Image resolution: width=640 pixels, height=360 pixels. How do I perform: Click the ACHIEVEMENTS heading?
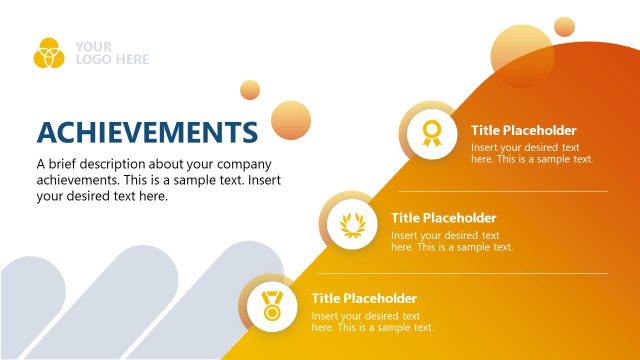(147, 132)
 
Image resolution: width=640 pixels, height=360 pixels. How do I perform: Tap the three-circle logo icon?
(48, 53)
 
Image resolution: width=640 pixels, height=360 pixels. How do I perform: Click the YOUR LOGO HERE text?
(111, 53)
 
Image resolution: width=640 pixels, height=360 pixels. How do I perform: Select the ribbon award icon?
(431, 133)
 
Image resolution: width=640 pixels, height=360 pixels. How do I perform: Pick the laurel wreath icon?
(351, 222)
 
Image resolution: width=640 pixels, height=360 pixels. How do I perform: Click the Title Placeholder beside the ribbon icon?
(524, 130)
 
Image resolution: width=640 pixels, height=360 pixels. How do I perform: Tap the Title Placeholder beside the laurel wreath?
(444, 218)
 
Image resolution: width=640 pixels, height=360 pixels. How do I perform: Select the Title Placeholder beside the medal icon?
(364, 298)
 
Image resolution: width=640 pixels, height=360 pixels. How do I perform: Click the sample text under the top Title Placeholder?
(532, 153)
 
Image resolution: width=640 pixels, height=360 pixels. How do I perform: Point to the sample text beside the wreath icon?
(452, 241)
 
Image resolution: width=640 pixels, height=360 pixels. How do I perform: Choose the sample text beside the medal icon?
(372, 322)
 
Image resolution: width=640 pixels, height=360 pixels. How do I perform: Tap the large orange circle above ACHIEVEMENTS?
(291, 120)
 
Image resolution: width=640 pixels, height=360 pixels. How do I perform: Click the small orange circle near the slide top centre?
(249, 90)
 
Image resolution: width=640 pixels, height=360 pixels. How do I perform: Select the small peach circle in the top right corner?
(565, 26)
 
